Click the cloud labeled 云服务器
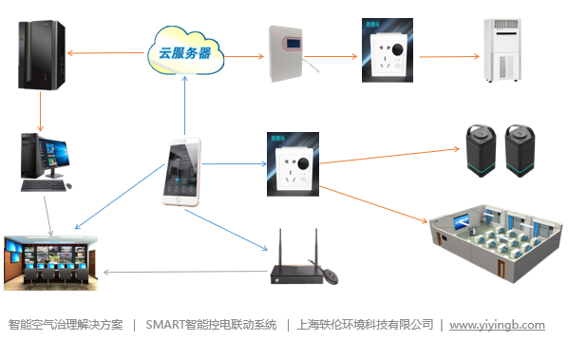tap(185, 52)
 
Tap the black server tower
tap(39, 56)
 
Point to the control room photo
tap(47, 259)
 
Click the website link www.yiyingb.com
tap(497, 324)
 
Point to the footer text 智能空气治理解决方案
tap(66, 324)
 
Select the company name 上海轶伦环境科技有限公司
tap(365, 324)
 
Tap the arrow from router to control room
tap(180, 273)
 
